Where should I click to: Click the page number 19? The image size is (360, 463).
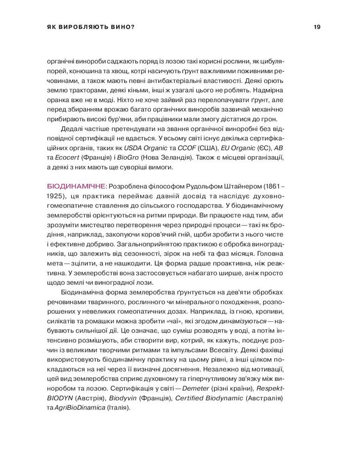[317, 27]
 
